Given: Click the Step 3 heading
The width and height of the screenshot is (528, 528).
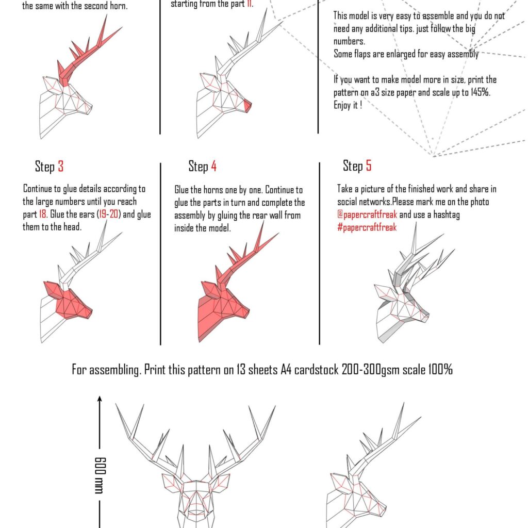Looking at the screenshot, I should [x=49, y=167].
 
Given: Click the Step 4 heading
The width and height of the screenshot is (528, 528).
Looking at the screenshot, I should [x=202, y=166].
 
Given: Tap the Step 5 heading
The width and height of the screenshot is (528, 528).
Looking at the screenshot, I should [x=357, y=166].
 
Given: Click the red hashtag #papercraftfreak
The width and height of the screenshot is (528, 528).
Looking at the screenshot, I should [x=367, y=227].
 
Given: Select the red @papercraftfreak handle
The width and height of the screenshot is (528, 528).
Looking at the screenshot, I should [x=367, y=215].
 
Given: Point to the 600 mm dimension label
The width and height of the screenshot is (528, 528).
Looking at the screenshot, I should [x=100, y=474].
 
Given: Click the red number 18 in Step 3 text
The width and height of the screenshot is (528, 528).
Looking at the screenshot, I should [x=42, y=214].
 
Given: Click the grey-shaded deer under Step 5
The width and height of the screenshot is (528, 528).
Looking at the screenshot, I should [x=407, y=299].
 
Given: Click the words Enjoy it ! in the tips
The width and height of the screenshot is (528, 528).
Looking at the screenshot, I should [x=348, y=105].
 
